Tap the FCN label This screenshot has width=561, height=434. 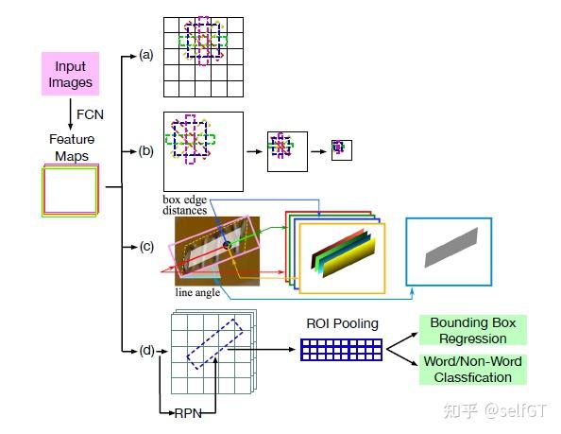point(89,113)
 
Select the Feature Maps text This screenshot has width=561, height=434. point(72,147)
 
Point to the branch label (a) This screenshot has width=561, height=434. point(145,55)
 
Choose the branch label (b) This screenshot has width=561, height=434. point(145,150)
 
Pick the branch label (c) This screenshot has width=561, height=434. point(145,247)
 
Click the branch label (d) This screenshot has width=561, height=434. point(145,351)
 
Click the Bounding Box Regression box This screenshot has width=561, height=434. point(474,331)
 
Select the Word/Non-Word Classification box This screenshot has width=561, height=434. point(474,370)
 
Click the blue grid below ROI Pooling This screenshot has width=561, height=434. point(342,350)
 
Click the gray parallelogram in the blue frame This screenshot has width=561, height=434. point(449,251)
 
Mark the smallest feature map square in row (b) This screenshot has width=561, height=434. point(340,148)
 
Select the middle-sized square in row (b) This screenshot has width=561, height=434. point(287,150)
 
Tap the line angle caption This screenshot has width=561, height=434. point(198,293)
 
